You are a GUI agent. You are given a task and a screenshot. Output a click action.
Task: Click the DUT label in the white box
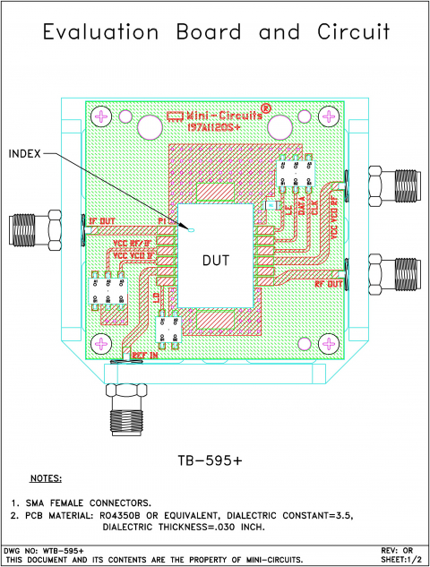tap(218, 261)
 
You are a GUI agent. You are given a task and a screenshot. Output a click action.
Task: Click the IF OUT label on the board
tap(99, 220)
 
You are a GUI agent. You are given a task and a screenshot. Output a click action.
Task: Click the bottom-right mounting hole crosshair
tap(330, 343)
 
